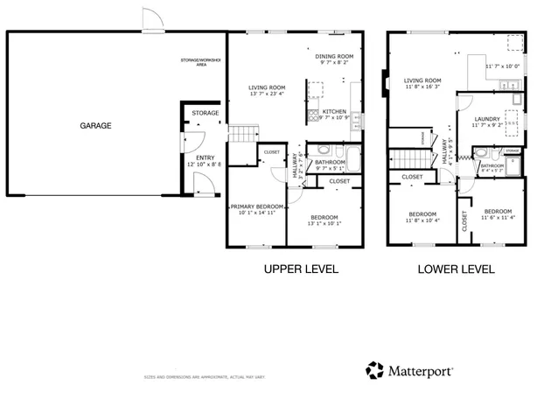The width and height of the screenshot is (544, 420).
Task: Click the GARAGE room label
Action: (95, 126)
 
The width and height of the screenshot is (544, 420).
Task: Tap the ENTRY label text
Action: (205, 157)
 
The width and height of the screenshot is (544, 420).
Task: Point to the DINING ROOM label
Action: (334, 57)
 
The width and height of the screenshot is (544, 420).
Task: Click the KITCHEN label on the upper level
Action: (334, 112)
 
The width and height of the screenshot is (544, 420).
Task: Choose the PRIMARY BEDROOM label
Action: (257, 206)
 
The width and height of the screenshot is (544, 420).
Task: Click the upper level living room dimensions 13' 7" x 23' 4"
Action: (267, 94)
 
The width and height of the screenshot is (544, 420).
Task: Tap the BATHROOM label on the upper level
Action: (330, 162)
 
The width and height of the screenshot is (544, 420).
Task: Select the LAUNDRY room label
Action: (487, 119)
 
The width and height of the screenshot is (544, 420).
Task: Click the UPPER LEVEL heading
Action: (301, 269)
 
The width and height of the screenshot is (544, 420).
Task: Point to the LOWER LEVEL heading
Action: (456, 269)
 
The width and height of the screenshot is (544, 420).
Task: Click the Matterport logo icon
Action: (374, 370)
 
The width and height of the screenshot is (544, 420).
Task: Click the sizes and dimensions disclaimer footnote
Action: (205, 377)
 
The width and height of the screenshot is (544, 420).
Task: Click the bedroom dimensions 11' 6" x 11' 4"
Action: (498, 218)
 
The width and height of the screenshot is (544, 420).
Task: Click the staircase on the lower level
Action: (408, 160)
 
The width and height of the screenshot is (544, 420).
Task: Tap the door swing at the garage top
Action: (152, 19)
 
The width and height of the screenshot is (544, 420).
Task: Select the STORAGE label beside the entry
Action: (206, 113)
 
